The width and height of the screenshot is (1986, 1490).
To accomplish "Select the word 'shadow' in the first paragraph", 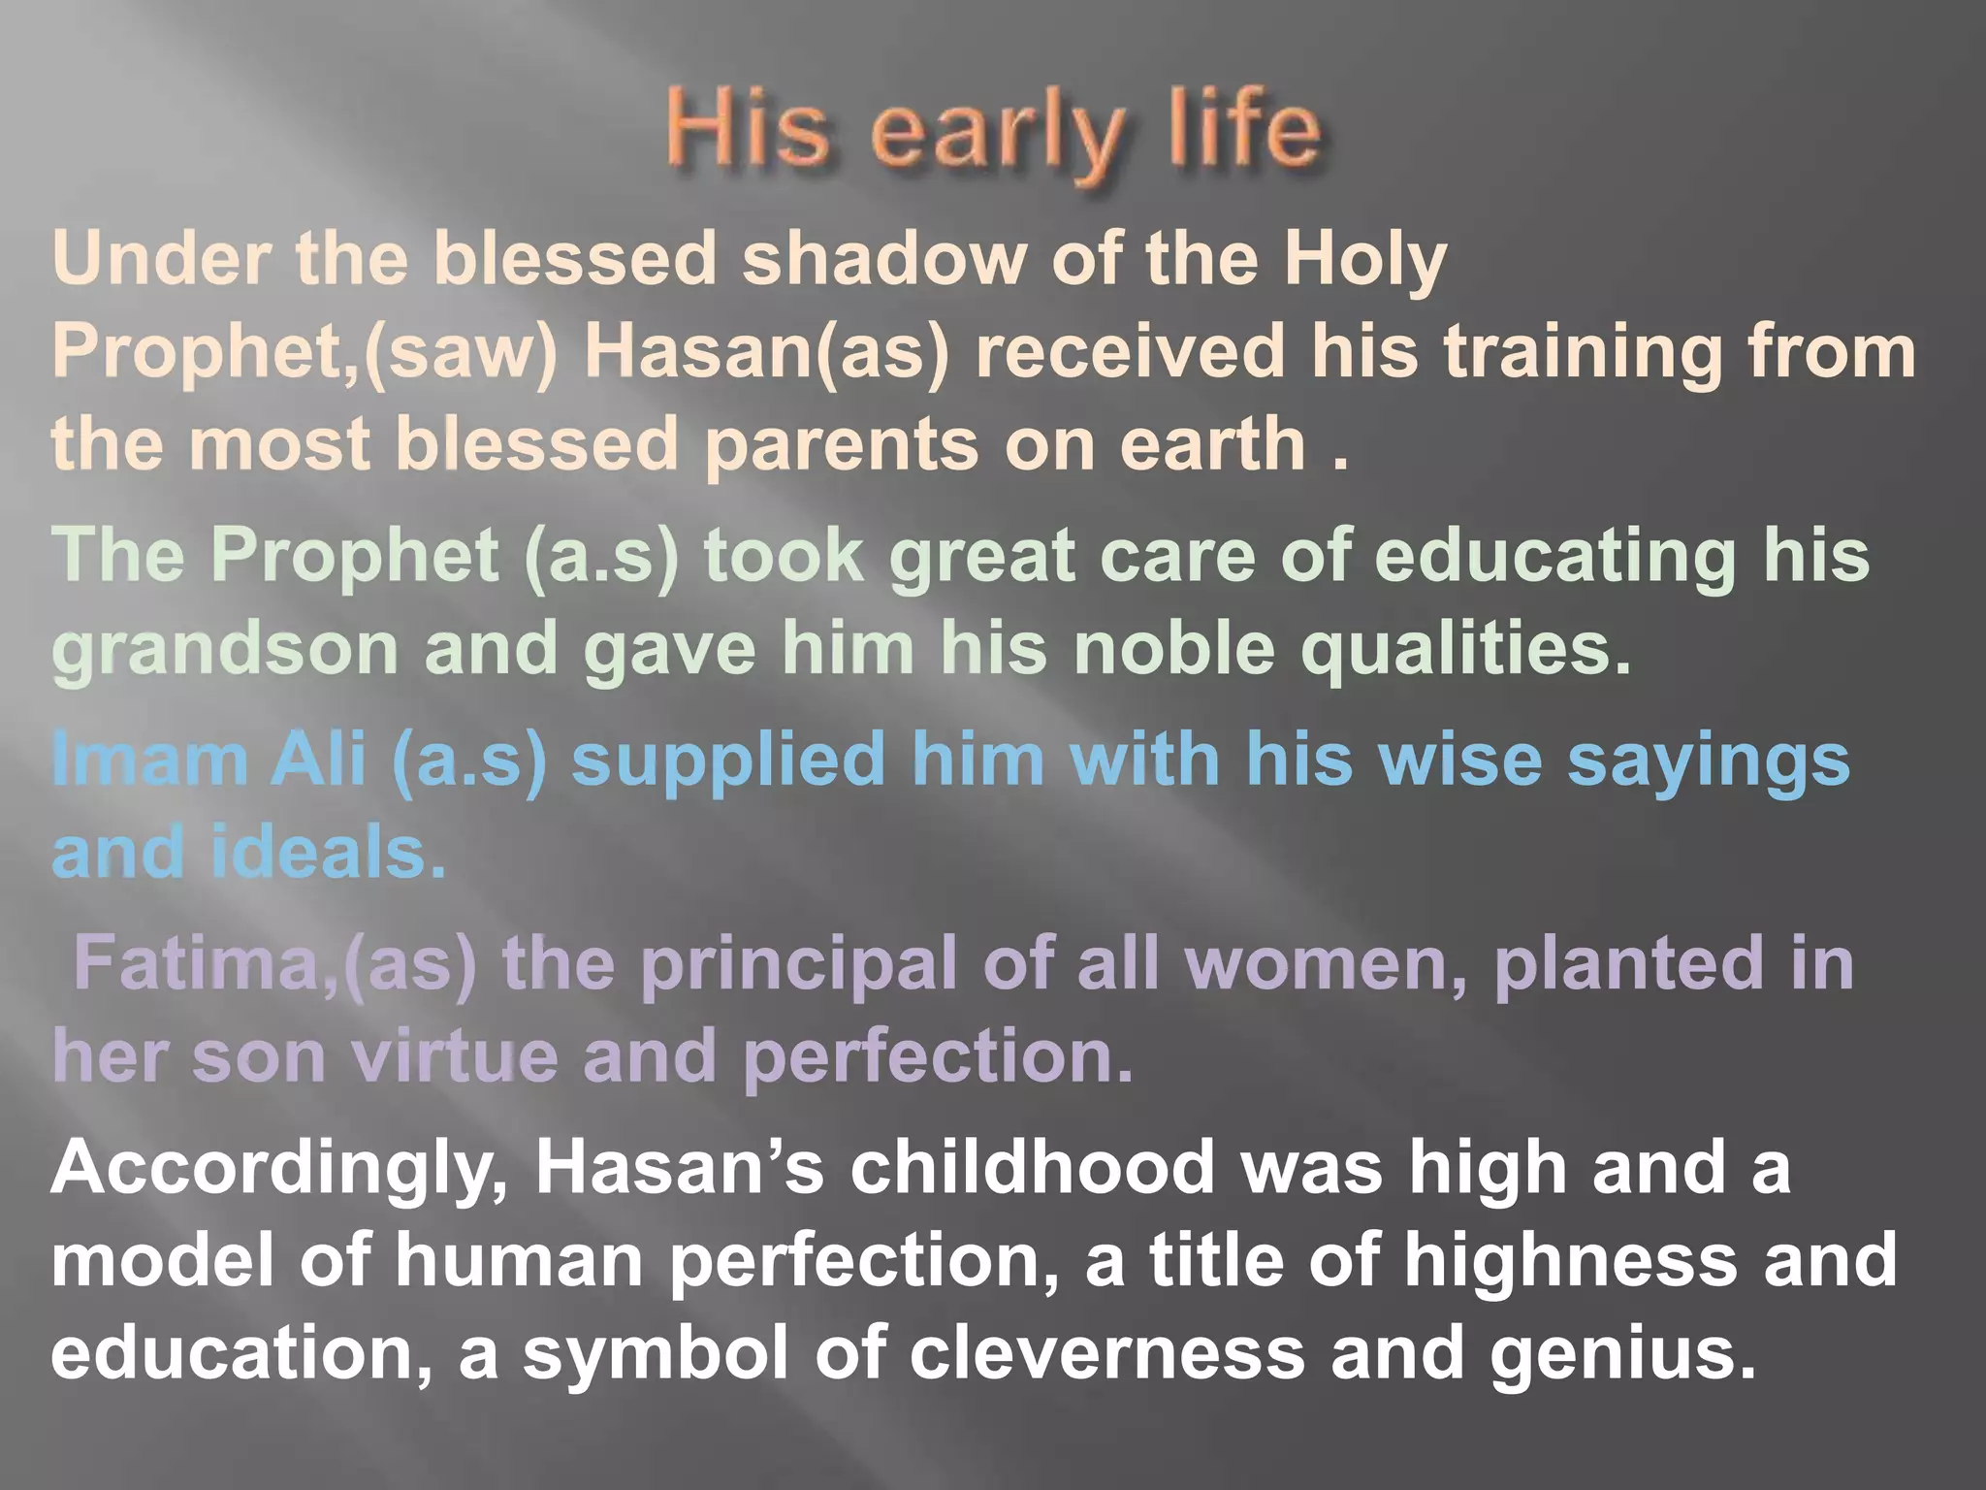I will (883, 260).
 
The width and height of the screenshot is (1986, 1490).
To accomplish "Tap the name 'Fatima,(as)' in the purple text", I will (275, 964).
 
